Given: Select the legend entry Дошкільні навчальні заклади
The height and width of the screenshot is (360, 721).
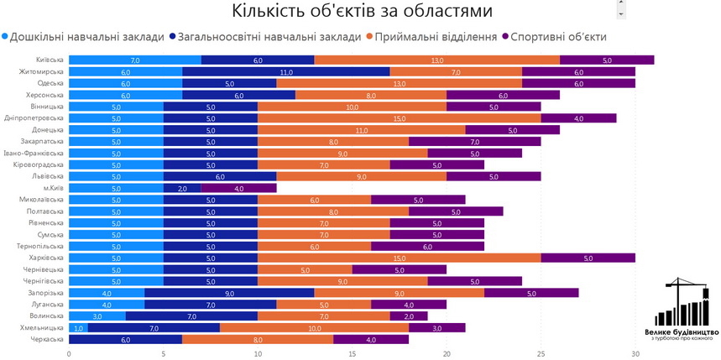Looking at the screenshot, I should (x=83, y=37).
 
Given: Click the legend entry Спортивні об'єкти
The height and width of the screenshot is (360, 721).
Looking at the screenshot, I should (x=553, y=37).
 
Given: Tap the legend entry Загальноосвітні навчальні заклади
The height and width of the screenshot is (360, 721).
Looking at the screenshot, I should (x=264, y=37).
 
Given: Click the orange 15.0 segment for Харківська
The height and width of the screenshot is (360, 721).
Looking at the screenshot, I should (x=400, y=258).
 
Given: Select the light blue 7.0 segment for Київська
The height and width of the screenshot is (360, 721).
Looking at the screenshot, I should (x=135, y=60).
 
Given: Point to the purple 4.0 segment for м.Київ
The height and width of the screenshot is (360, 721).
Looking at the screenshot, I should (x=238, y=188).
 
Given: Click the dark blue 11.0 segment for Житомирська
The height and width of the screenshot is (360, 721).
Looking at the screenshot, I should (x=286, y=72).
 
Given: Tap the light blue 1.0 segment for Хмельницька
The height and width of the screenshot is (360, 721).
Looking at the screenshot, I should (x=78, y=327).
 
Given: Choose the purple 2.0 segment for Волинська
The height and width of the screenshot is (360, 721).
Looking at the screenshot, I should (x=409, y=316).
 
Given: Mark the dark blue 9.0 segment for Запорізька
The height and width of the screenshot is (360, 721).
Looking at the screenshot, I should (x=229, y=293).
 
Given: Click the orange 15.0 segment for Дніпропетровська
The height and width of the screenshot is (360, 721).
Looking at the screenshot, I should (x=400, y=118).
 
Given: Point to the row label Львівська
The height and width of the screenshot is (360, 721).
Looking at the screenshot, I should (x=47, y=176).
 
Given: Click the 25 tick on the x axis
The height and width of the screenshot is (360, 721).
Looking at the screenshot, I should (x=541, y=353).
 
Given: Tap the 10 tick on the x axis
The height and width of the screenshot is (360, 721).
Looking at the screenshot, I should (x=258, y=353).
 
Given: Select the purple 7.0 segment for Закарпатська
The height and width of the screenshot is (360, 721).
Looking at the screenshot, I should (x=475, y=142).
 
